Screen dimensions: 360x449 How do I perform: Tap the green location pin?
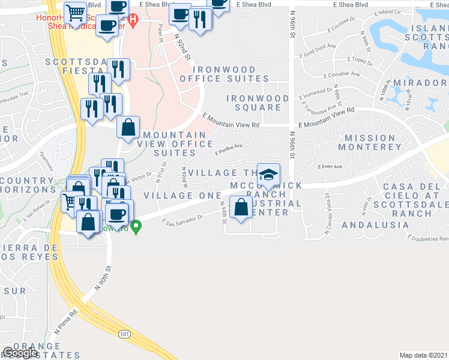136,227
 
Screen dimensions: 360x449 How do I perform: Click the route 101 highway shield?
124,334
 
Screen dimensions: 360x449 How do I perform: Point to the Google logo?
20,353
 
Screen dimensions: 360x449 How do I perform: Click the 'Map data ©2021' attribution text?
424,355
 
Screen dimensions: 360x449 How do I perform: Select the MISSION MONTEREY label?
370,142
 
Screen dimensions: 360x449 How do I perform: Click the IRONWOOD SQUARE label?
253,103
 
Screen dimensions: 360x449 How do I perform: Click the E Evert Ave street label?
330,167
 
